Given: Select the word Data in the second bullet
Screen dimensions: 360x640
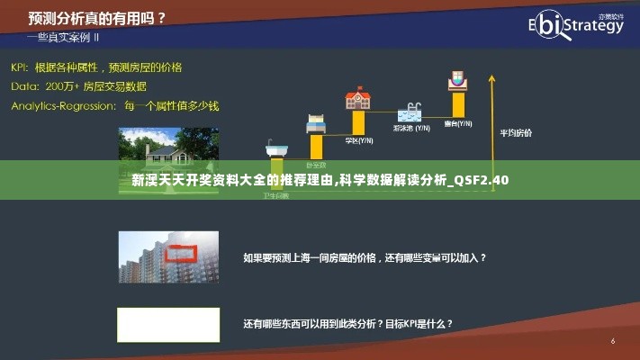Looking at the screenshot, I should click(23, 86).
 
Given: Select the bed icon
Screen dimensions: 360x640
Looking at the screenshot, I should click(315, 124).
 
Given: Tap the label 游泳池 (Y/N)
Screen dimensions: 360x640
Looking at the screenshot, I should click(410, 129).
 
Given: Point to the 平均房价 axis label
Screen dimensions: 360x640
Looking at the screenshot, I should click(516, 132).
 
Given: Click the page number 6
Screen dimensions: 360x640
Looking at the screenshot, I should click(613, 341).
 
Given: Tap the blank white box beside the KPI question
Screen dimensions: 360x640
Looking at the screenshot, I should click(168, 324).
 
